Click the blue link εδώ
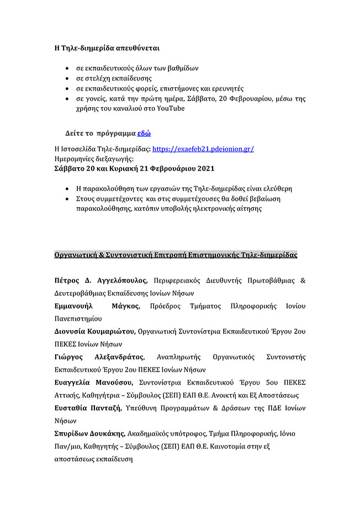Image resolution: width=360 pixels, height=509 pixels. pos(144,134)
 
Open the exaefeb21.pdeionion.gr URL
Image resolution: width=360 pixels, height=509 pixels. pos(203,149)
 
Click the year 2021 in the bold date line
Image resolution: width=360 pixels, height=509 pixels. pos(202,168)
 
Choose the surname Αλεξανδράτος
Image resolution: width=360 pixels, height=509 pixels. pos(118,357)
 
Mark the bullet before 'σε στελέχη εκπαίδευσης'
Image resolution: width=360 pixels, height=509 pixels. pos(67,78)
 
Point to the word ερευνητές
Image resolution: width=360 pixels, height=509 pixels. pos(227,88)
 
